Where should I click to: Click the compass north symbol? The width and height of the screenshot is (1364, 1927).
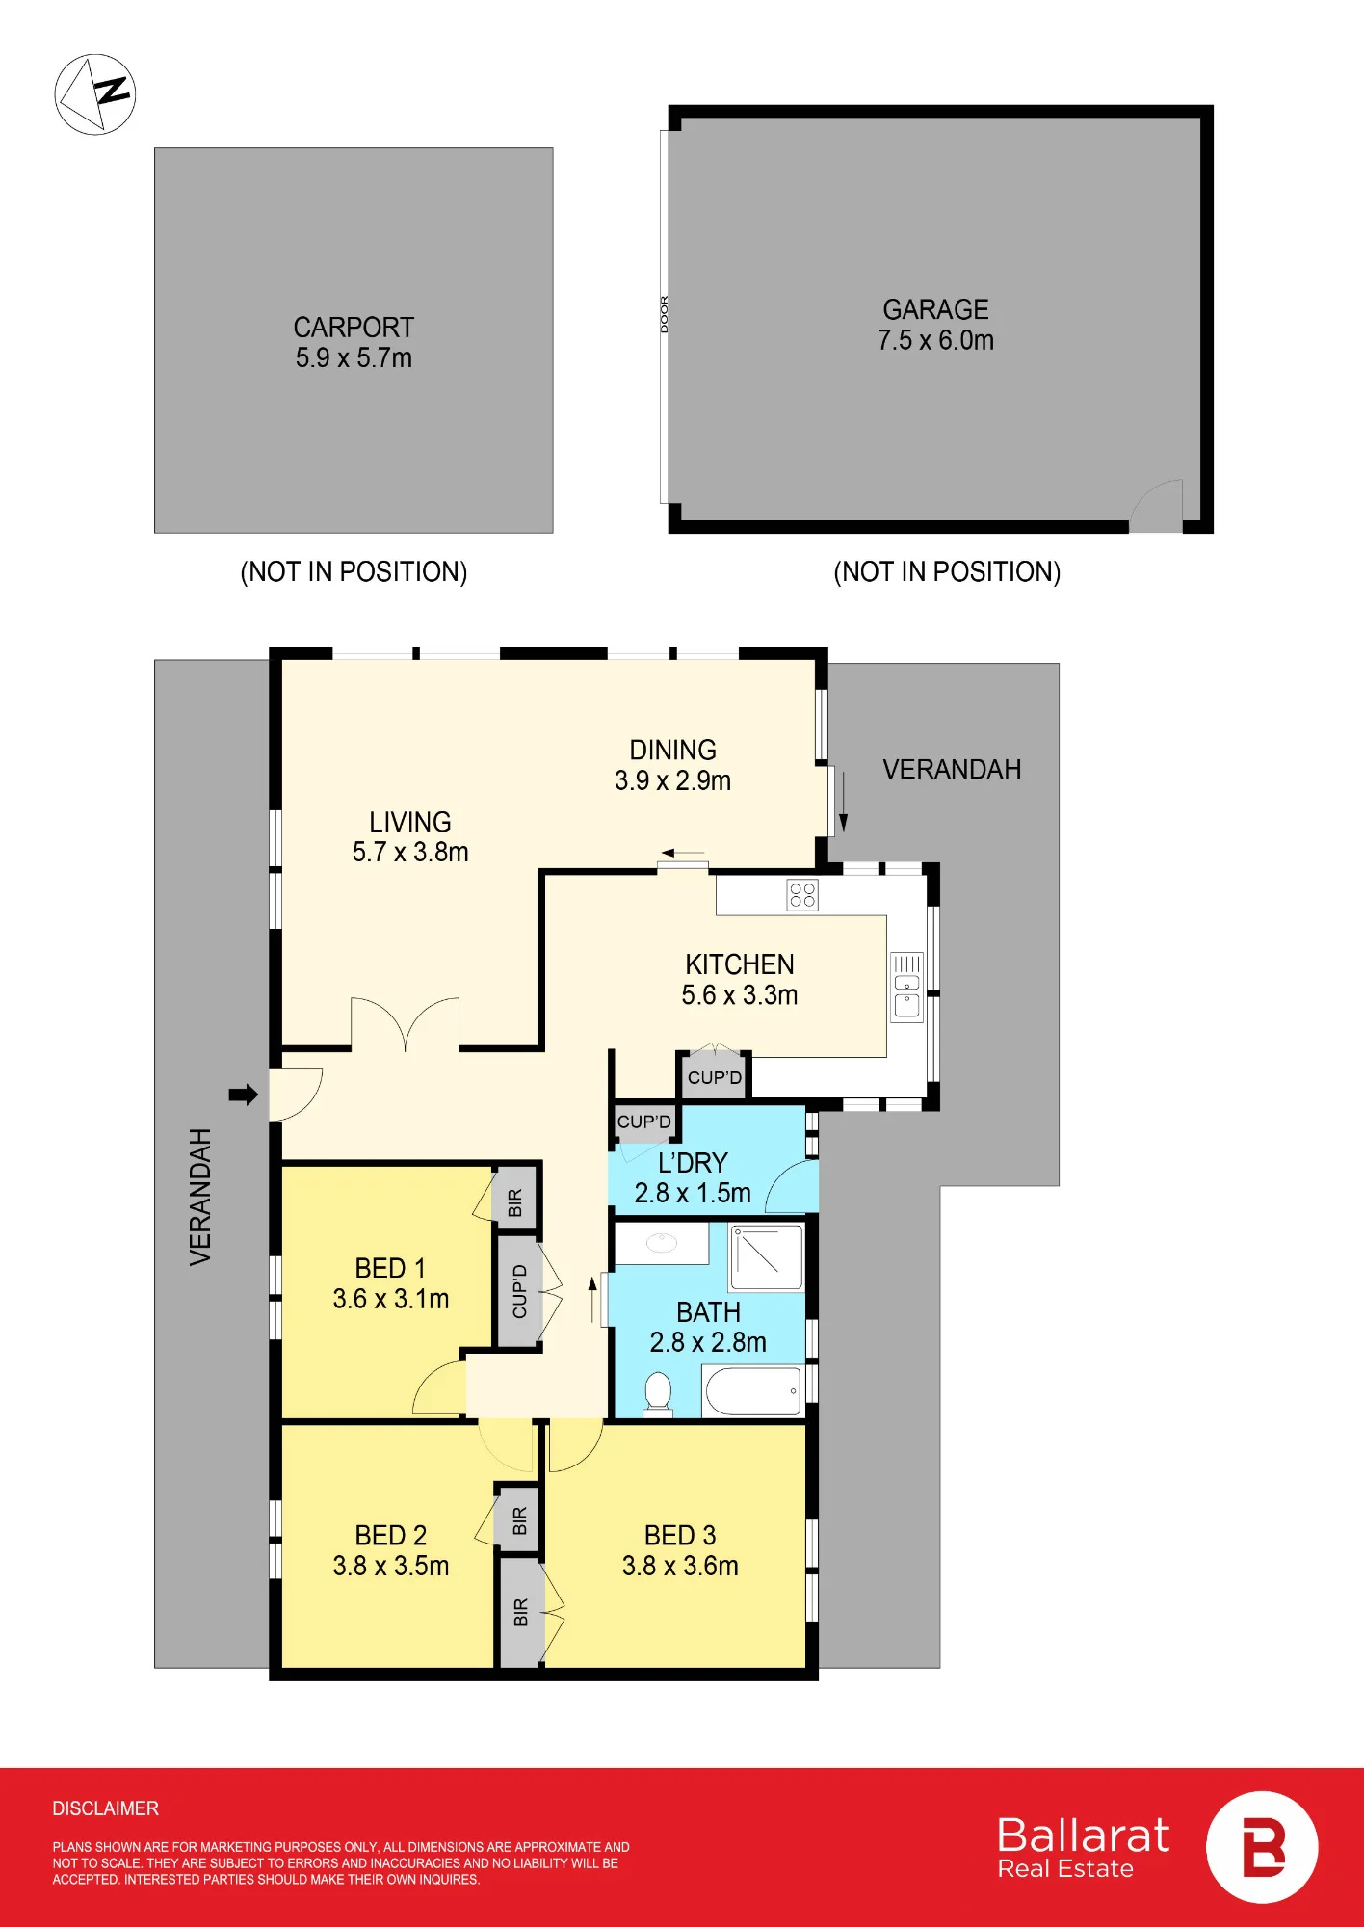95,94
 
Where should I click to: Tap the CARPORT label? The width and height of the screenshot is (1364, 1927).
354,328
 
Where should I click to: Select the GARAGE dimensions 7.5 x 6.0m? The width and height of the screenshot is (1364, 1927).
935,340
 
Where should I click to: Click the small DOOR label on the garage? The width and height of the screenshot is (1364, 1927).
664,314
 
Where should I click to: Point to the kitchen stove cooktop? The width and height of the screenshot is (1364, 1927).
802,895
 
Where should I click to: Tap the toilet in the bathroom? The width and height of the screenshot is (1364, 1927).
658,1394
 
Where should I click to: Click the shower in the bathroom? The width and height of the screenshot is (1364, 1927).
767,1256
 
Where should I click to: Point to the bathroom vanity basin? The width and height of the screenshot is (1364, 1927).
661,1243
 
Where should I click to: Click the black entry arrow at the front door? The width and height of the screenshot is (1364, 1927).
244,1094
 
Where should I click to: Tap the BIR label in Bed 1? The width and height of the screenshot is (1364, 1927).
514,1202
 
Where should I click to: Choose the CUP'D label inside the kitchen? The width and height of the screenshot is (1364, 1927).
715,1077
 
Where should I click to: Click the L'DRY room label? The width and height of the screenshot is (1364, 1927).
693,1163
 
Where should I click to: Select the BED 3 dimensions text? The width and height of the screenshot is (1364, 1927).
680,1566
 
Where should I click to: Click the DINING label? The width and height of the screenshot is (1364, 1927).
672,750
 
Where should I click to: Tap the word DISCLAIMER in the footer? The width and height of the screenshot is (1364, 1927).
106,1808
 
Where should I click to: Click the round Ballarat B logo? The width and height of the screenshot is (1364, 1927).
1262,1847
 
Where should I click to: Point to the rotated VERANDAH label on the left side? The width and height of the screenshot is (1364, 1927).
200,1197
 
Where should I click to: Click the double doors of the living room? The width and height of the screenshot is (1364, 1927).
405,1023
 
